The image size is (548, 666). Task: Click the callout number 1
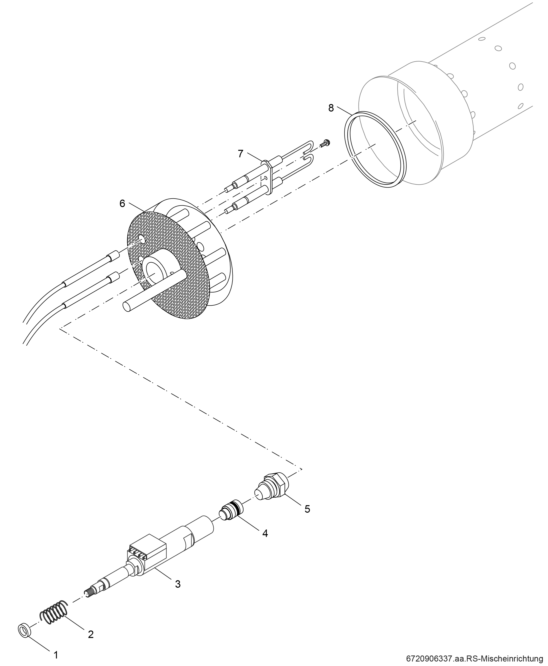56,655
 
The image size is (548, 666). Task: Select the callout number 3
178,584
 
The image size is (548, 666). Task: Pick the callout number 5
307,509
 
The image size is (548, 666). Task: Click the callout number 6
122,204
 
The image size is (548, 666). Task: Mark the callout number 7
240,154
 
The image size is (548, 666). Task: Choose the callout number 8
331,108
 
